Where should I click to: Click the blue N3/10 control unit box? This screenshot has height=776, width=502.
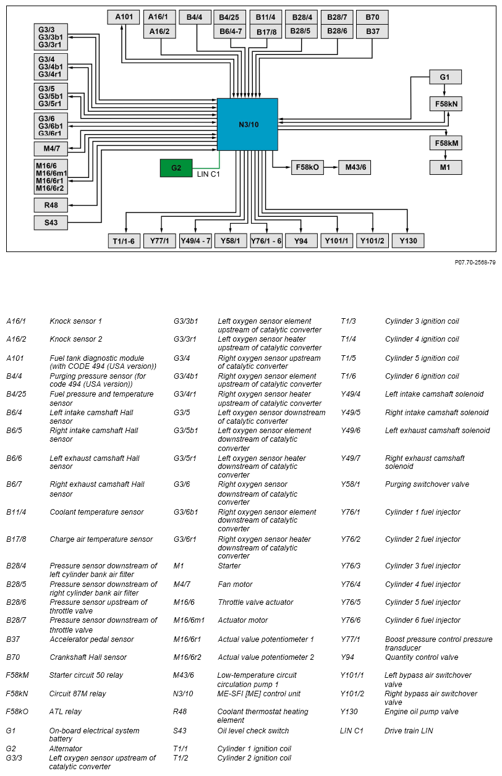click(x=247, y=124)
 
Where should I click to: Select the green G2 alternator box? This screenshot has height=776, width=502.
click(x=176, y=168)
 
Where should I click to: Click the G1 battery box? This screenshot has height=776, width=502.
click(x=445, y=77)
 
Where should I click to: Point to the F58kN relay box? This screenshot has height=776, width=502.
click(x=445, y=104)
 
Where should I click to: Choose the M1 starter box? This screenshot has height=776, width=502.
click(x=445, y=167)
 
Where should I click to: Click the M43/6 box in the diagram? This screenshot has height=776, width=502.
click(x=355, y=167)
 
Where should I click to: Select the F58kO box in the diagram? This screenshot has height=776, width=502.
click(x=307, y=167)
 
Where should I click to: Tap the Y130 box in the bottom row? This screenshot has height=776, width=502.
click(x=408, y=241)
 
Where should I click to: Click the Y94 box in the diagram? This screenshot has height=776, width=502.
click(x=301, y=241)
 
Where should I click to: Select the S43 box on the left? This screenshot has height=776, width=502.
click(x=51, y=222)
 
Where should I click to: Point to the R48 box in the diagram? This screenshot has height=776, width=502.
click(x=51, y=205)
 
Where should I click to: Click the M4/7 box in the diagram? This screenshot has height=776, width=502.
click(x=51, y=149)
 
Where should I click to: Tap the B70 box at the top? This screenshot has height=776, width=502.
click(x=372, y=17)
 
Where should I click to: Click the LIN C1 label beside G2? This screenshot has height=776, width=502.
click(x=208, y=174)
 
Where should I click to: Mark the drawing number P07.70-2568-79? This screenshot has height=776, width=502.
click(x=475, y=263)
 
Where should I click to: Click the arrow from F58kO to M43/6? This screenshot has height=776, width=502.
click(x=331, y=167)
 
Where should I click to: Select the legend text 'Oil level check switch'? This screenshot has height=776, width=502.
click(x=253, y=731)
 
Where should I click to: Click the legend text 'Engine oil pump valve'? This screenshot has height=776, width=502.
click(x=421, y=712)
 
